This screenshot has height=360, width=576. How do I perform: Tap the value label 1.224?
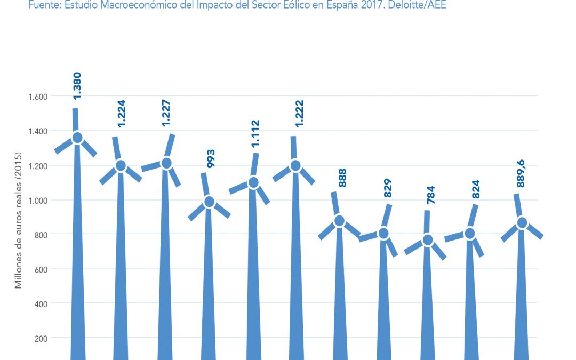(121, 114)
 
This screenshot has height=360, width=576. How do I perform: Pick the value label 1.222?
(299, 114)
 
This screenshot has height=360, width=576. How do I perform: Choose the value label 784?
(431, 196)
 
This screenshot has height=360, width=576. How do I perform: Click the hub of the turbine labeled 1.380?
(77, 138)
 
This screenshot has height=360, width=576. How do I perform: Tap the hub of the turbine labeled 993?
(209, 202)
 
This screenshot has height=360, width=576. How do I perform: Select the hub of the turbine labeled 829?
(383, 233)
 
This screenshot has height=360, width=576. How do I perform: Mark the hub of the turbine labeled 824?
(469, 233)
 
